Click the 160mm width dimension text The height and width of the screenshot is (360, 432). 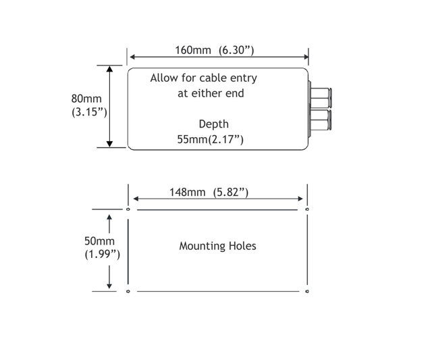[x=193, y=50]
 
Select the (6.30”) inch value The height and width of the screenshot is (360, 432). [x=236, y=51]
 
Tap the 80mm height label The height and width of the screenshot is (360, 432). [x=86, y=99]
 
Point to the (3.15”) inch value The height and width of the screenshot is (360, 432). [x=89, y=112]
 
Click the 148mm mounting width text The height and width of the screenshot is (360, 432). [x=188, y=192]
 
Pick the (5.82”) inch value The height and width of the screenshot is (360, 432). [x=231, y=192]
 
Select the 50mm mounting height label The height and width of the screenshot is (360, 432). [x=99, y=241]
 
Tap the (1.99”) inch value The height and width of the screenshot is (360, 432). [x=102, y=255]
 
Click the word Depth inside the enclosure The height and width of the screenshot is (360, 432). [x=214, y=124]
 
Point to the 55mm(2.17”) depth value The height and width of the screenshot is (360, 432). [x=210, y=140]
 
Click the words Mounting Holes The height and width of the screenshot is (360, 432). [x=217, y=246]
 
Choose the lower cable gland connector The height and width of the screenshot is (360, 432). [x=320, y=120]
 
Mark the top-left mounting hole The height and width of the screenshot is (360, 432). [x=128, y=209]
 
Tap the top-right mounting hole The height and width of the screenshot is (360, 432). [x=307, y=209]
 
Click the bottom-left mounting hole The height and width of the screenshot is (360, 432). [x=128, y=291]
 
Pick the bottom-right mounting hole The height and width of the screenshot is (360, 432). [x=307, y=291]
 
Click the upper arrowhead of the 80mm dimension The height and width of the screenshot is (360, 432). [x=109, y=69]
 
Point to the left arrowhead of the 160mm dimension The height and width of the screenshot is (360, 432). [x=132, y=57]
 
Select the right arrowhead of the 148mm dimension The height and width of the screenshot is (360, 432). [x=300, y=199]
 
